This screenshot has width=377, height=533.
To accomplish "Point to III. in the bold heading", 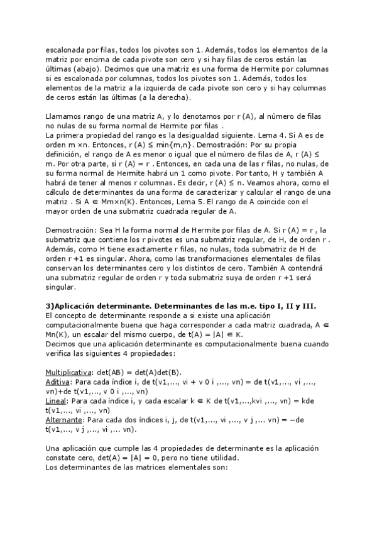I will [309, 305].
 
